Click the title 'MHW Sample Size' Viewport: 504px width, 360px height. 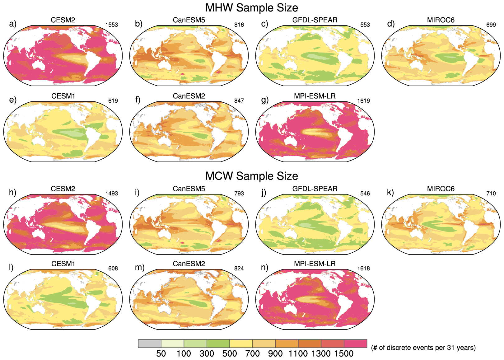(x=252, y=7)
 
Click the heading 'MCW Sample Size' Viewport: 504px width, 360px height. (x=252, y=176)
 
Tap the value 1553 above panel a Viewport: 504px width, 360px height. (x=112, y=25)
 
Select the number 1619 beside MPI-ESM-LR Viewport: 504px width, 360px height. (x=363, y=101)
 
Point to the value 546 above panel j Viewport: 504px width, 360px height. (x=365, y=194)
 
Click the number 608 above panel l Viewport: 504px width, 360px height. (x=113, y=269)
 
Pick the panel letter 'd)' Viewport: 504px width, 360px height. (x=391, y=24)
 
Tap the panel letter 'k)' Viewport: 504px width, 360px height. (x=390, y=192)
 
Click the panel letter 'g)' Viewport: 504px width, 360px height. (x=265, y=100)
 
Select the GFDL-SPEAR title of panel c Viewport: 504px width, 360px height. (x=315, y=20)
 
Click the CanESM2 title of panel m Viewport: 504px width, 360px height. (x=189, y=264)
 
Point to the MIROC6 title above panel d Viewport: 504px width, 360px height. (x=441, y=20)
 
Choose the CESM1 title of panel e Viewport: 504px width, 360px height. (x=63, y=96)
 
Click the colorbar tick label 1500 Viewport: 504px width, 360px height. (x=344, y=354)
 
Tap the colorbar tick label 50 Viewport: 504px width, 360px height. (x=161, y=354)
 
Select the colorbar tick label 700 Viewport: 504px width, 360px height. (x=252, y=354)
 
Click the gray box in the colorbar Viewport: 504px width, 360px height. (x=150, y=344)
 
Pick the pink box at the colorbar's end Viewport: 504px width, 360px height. (x=356, y=344)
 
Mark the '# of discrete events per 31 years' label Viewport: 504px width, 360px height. (x=423, y=348)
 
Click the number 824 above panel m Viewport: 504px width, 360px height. (x=239, y=269)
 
